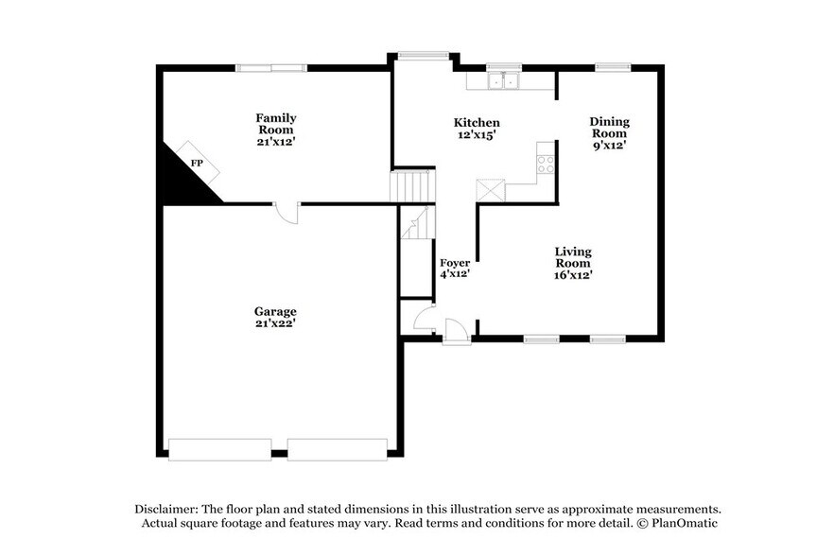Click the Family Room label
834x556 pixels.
tap(275, 124)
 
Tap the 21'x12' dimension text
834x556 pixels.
tap(275, 142)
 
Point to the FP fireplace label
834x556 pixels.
tap(197, 164)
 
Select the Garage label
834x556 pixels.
tap(275, 311)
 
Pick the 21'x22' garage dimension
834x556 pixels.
tap(275, 323)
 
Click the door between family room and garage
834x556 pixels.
tap(287, 213)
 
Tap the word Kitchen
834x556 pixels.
tap(477, 123)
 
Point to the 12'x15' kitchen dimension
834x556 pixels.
tap(477, 135)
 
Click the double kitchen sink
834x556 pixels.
tap(504, 82)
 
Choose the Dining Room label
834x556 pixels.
tap(609, 128)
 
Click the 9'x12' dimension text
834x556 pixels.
tap(609, 146)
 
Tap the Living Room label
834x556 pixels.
tap(573, 257)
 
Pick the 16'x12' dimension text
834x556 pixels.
tap(573, 275)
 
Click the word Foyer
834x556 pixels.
tap(455, 262)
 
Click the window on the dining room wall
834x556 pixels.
tap(612, 66)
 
